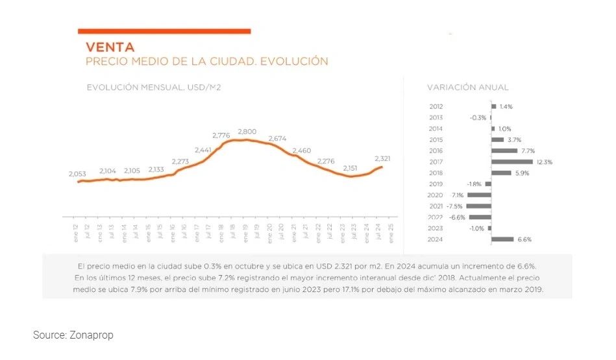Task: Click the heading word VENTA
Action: (110, 47)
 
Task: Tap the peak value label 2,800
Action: (247, 132)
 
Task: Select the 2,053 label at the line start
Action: (78, 174)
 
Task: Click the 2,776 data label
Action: (221, 135)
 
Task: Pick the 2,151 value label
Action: (351, 168)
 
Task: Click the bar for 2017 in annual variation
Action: (511, 162)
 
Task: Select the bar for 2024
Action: (502, 239)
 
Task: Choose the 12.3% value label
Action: (544, 162)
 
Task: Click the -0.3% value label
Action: (478, 117)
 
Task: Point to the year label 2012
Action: (436, 106)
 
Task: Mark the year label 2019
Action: (436, 184)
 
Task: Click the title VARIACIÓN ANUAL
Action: (467, 87)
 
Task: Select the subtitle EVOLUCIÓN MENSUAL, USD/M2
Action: (154, 87)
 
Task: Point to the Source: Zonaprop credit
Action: (73, 335)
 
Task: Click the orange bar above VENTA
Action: (164, 30)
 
